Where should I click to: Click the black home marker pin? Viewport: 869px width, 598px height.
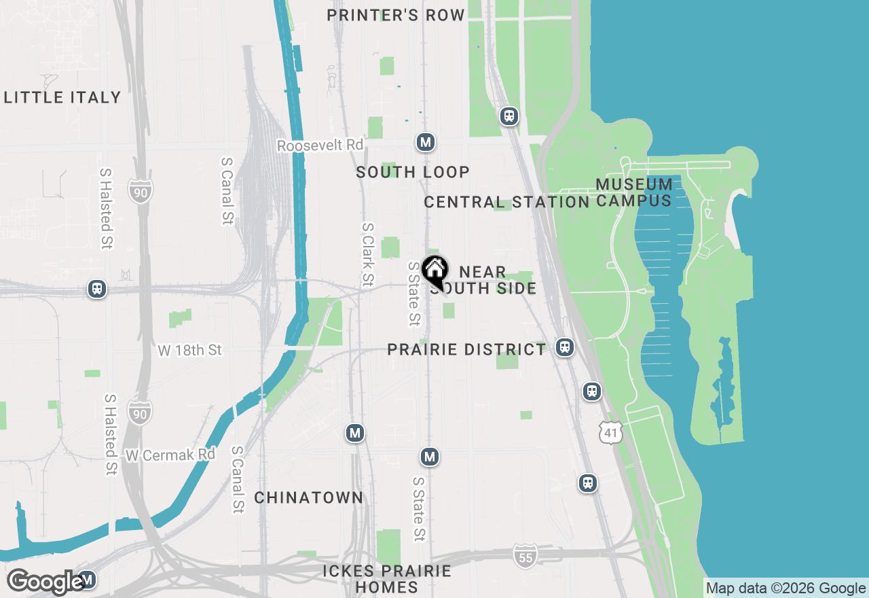[x=434, y=269]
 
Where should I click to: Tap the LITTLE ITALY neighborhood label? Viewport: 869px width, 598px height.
[x=62, y=97]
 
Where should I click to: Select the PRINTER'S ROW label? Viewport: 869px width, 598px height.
[x=396, y=15]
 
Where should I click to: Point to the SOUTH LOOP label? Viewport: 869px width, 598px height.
[x=413, y=172]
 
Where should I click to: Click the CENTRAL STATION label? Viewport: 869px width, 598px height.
[x=506, y=202]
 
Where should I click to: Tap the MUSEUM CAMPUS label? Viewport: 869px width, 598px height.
[x=634, y=192]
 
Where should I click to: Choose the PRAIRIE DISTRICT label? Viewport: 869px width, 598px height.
[x=466, y=349]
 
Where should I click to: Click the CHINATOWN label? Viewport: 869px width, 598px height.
[x=309, y=497]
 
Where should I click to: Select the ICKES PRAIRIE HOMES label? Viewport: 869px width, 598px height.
[x=387, y=578]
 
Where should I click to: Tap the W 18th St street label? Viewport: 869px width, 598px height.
[x=189, y=350]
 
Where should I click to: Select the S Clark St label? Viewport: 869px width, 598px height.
[x=367, y=254]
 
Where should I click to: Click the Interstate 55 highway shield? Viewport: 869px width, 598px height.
[x=525, y=556]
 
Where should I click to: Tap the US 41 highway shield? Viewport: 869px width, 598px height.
[x=611, y=432]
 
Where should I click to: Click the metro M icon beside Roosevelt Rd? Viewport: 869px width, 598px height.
[x=426, y=142]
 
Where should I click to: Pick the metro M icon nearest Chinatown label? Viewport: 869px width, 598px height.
[x=354, y=432]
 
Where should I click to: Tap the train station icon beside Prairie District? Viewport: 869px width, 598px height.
[x=564, y=347]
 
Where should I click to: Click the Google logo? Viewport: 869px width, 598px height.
[x=46, y=582]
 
